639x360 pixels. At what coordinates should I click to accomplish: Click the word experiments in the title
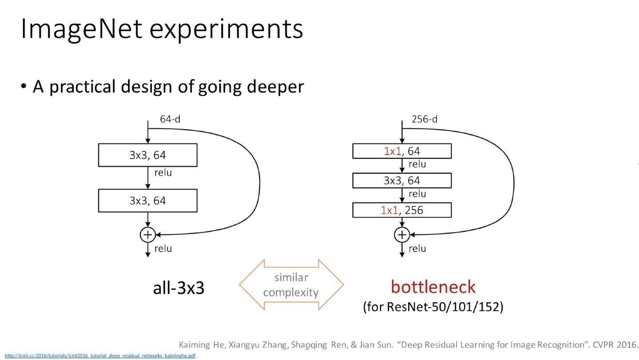tap(226, 30)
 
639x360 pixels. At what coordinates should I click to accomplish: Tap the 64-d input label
tap(170, 119)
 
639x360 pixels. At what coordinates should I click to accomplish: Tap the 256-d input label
tap(424, 119)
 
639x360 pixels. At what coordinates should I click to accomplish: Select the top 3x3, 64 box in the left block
tap(148, 155)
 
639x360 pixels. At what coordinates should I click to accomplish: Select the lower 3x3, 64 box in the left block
tap(148, 201)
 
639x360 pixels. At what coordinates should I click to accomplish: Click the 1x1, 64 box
tap(402, 151)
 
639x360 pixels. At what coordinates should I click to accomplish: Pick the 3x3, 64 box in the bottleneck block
tap(402, 181)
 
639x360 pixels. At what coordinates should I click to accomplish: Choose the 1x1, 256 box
tap(402, 210)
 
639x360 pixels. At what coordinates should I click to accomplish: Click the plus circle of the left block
tap(148, 235)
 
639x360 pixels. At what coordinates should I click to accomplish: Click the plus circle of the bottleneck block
tap(402, 235)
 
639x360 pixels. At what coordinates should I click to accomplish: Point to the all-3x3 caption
tap(178, 289)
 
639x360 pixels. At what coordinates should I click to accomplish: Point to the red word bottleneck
tap(433, 287)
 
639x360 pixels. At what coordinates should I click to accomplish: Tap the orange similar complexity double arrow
tap(291, 285)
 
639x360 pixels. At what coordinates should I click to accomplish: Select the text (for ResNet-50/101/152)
tap(433, 307)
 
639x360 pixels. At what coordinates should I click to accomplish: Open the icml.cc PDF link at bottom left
tap(100, 356)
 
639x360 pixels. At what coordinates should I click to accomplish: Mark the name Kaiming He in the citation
tap(201, 344)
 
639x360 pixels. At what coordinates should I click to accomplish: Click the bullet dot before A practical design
tap(24, 86)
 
